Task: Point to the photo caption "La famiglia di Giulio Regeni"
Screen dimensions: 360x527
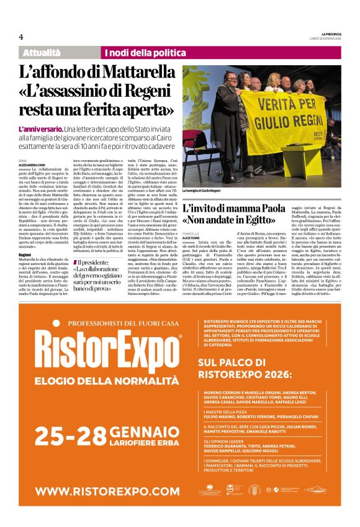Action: (x=202, y=190)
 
